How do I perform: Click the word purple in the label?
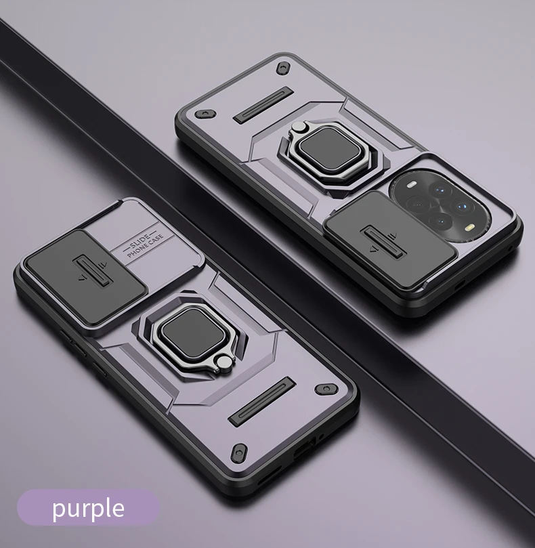coord(88,509)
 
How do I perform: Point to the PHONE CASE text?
coord(146,246)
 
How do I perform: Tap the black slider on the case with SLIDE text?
coord(85,276)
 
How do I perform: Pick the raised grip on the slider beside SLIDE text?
coord(93,271)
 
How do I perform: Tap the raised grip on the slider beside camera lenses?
coord(383,240)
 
